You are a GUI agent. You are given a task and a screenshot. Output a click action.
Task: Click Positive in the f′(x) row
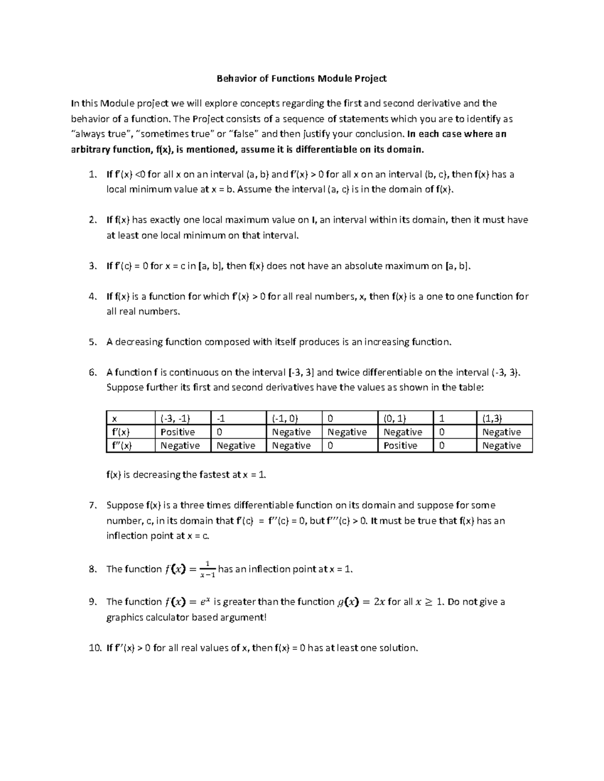point(178,432)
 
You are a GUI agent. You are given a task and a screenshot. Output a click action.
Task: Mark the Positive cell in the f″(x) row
point(400,446)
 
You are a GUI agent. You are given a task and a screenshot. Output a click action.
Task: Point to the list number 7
point(92,505)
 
